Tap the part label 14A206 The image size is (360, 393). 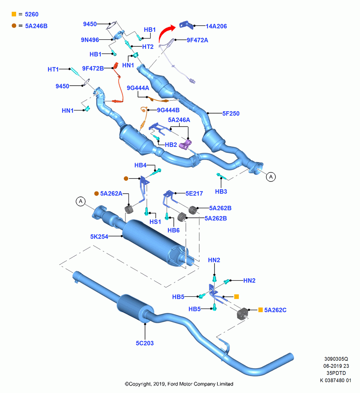216,26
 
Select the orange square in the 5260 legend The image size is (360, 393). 14,14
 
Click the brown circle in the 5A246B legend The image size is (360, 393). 14,26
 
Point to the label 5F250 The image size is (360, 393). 231,114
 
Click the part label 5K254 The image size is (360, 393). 99,237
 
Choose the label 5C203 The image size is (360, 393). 145,343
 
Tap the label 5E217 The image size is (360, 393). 194,193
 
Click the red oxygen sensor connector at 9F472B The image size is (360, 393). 116,65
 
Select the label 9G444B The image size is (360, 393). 168,110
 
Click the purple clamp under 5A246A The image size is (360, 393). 186,145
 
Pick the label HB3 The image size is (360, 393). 221,191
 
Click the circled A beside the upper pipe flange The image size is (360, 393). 271,177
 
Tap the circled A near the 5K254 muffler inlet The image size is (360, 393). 81,201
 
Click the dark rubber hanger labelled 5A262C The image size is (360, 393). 242,314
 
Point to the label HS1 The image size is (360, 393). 155,222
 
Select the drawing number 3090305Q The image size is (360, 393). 336,359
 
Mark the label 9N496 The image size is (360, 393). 90,40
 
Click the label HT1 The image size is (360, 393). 53,70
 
